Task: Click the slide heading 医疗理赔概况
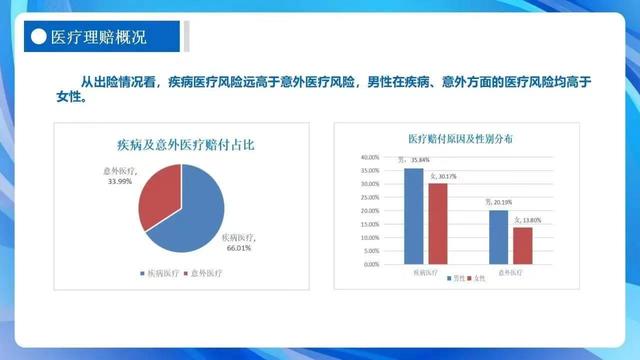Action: [x=98, y=39]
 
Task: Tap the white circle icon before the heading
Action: [x=37, y=39]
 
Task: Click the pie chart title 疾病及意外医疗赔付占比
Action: [x=179, y=145]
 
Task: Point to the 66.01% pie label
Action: [x=238, y=244]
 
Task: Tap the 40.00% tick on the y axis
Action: [x=367, y=157]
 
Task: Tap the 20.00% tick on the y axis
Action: [x=367, y=211]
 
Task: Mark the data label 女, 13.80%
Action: [x=527, y=220]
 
